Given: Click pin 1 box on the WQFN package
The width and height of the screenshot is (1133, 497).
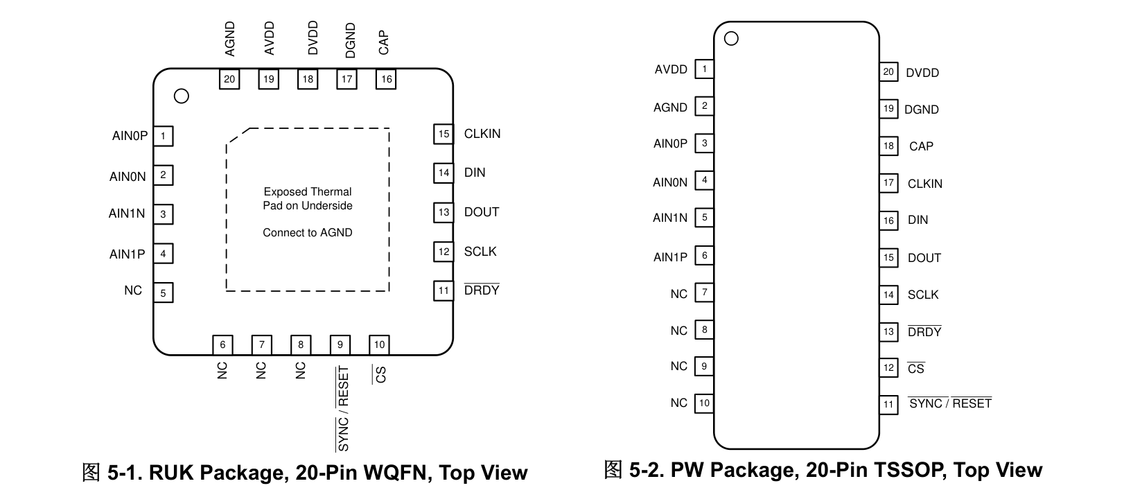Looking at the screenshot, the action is [x=164, y=136].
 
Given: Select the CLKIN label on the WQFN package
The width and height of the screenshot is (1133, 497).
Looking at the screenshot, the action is [x=482, y=134].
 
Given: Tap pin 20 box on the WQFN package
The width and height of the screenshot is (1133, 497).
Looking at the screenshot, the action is [x=229, y=79].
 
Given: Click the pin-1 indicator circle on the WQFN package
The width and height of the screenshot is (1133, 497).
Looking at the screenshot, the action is [x=181, y=96].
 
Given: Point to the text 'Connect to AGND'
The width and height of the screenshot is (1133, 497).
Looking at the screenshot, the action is [x=308, y=232].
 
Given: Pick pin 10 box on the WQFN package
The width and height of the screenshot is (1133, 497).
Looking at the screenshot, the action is [x=379, y=345].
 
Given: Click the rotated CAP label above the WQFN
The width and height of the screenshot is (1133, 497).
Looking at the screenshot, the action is [x=384, y=42].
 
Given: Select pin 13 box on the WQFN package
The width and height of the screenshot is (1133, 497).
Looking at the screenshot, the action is [x=443, y=213].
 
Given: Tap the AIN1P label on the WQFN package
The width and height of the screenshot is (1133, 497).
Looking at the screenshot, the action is [x=127, y=254].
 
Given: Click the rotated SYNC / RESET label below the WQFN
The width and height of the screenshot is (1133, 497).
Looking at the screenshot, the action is [x=343, y=409].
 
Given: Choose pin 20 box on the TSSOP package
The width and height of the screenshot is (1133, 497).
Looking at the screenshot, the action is [x=888, y=72].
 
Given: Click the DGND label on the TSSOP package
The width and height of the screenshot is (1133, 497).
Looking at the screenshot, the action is [x=922, y=110].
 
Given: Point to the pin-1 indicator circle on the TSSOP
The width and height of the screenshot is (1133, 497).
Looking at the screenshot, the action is [x=731, y=38].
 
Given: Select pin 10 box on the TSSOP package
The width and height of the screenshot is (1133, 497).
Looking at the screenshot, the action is [x=704, y=403].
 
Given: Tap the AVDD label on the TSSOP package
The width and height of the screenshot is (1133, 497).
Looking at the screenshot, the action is [x=671, y=69].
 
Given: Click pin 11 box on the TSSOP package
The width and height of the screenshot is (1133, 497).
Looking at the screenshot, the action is [x=888, y=405].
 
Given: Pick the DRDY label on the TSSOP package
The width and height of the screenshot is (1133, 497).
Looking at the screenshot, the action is [x=924, y=331].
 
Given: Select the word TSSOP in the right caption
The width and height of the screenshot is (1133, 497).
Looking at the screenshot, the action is [x=910, y=470].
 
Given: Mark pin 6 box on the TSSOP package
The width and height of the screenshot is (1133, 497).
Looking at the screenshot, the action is [x=704, y=256].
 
